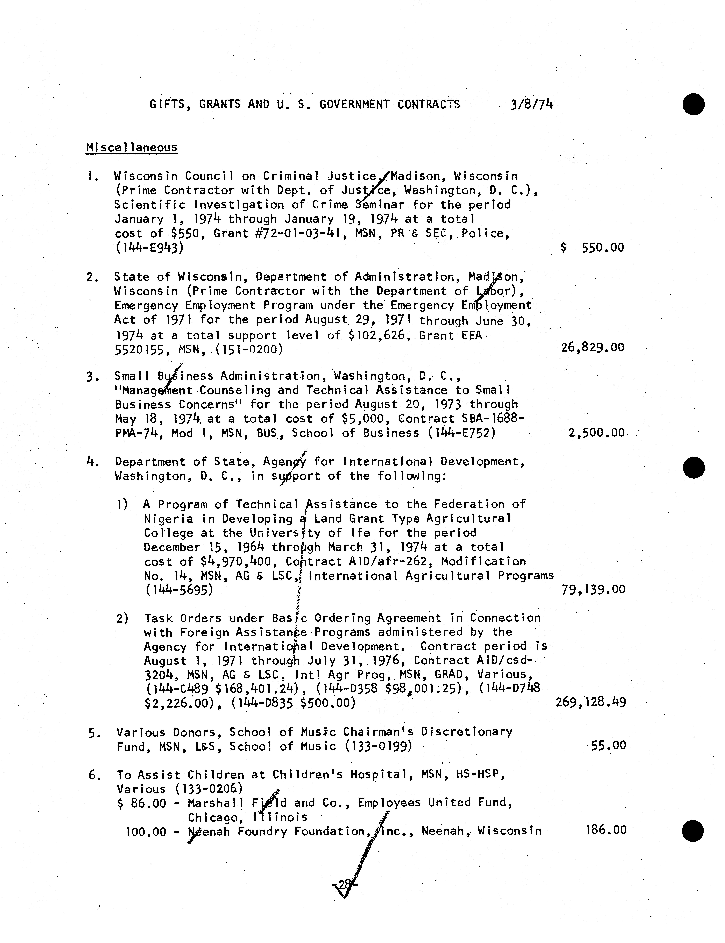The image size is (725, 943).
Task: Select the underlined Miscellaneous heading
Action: [132, 148]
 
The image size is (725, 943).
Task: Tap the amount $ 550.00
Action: [592, 248]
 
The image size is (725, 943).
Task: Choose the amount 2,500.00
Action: [596, 433]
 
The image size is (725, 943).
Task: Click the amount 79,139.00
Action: [593, 590]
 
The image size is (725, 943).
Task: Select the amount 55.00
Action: [608, 745]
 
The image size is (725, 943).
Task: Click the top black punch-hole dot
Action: [694, 105]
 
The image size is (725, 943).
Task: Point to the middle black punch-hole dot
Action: [694, 468]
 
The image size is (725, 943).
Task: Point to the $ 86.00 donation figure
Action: [141, 803]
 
